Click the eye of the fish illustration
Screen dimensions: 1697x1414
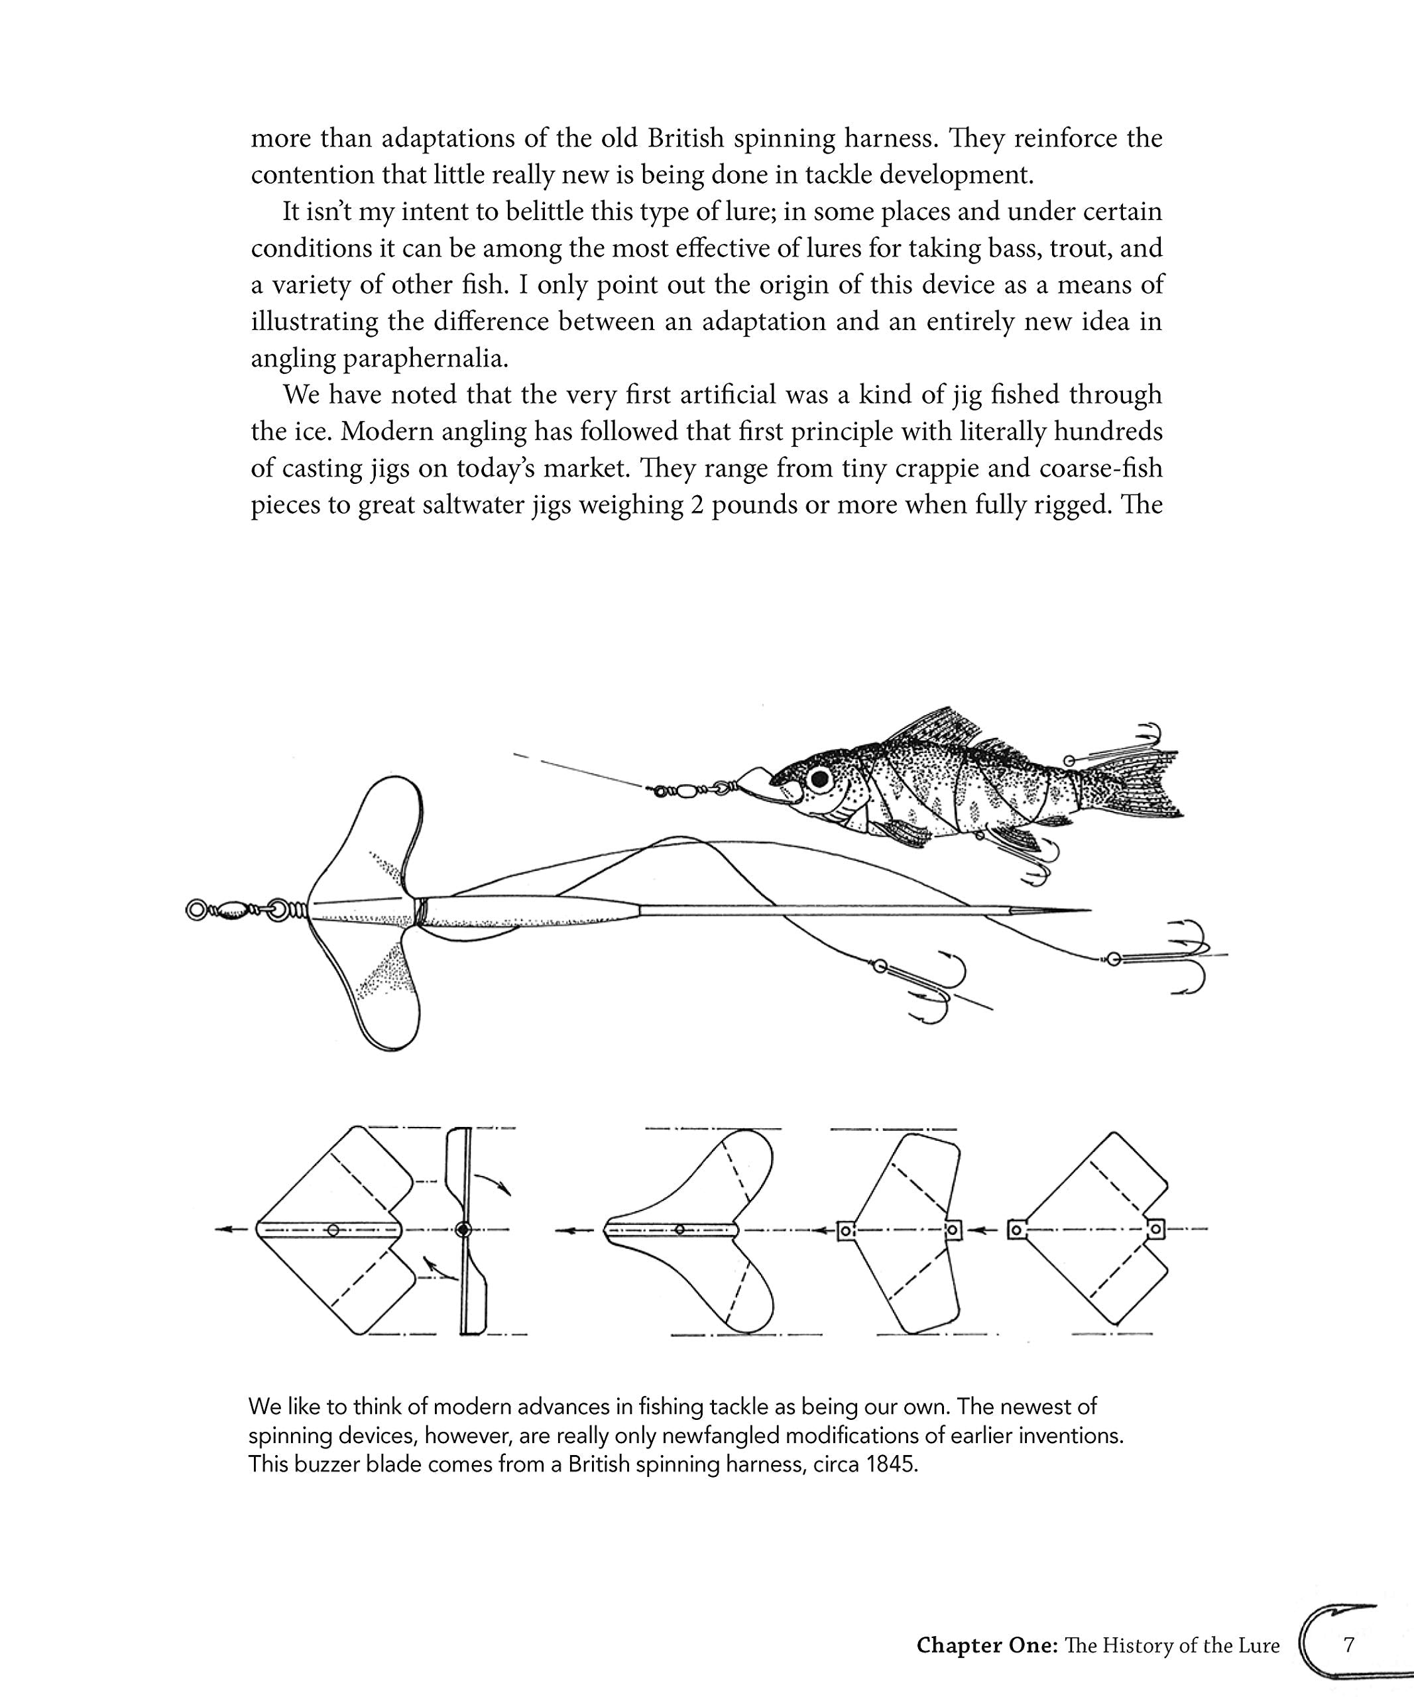[821, 779]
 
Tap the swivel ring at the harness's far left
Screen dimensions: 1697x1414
[197, 910]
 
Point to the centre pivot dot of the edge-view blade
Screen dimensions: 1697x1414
[463, 1230]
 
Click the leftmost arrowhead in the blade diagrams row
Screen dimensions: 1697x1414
[223, 1230]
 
